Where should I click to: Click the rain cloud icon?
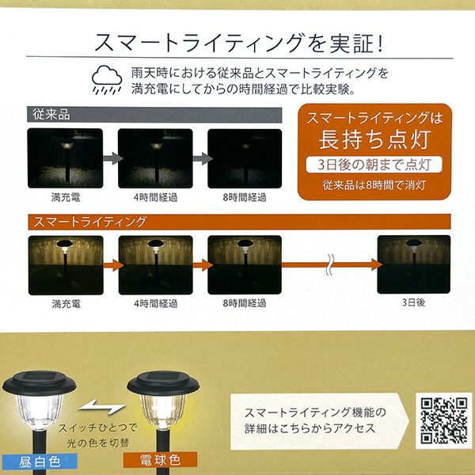[x=107, y=80]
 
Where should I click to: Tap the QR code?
[x=444, y=420]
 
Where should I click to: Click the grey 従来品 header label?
[x=154, y=115]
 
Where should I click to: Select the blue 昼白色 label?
[x=40, y=462]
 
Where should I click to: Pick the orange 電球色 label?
[x=160, y=460]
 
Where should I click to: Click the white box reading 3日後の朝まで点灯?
[x=374, y=165]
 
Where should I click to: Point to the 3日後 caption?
[x=413, y=302]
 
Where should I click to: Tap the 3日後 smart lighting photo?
[x=413, y=264]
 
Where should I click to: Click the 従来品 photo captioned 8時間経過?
[x=245, y=158]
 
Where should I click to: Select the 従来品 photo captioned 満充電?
[x=65, y=158]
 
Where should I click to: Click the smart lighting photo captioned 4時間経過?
[x=156, y=265]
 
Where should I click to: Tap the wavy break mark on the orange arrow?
[x=329, y=264]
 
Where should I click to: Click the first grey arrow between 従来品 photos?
[x=112, y=158]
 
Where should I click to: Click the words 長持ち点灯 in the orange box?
[x=374, y=139]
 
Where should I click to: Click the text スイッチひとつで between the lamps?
[x=97, y=427]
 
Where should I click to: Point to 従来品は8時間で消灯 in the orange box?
[x=374, y=184]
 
